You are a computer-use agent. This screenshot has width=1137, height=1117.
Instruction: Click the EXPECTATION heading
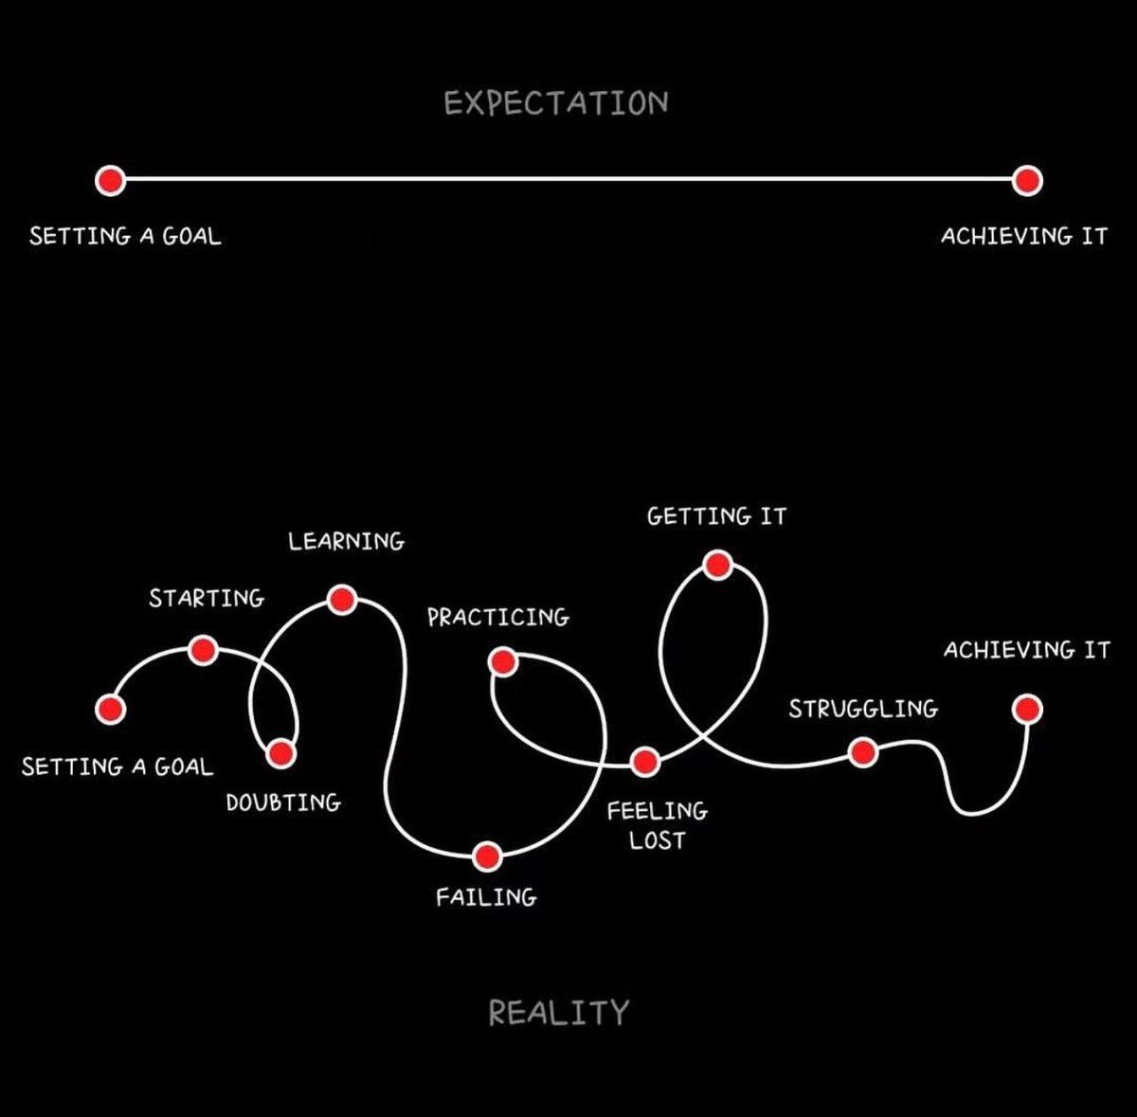556,103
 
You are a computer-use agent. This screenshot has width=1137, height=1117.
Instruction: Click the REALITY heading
558,1013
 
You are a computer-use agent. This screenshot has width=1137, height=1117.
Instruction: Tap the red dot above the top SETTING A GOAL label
110,179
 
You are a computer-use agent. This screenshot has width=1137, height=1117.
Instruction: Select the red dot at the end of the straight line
1027,180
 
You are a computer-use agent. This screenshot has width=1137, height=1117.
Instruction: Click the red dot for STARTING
203,650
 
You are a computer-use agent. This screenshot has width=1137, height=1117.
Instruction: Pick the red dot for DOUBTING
280,753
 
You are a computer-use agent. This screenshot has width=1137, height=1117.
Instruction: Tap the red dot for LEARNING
341,599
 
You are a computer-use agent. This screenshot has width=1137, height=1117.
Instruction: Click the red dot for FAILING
487,856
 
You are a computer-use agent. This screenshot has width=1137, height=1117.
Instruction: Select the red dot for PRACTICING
503,660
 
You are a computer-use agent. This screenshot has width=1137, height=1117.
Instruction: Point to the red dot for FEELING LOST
644,760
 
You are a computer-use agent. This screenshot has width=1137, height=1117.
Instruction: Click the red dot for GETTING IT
717,566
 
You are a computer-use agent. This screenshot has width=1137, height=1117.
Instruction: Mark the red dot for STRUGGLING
862,753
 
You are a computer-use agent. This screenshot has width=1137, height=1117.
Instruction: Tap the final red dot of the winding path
1027,709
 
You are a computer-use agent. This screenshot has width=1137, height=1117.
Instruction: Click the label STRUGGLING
862,709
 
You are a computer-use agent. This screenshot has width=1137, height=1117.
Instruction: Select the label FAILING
486,896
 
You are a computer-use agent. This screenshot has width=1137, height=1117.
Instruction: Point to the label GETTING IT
716,516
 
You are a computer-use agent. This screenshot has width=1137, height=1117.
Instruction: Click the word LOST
657,839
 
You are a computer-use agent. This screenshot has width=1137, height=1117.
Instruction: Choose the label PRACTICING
497,618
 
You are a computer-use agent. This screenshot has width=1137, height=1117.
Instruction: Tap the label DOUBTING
283,802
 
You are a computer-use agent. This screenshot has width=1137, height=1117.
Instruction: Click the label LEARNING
346,542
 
